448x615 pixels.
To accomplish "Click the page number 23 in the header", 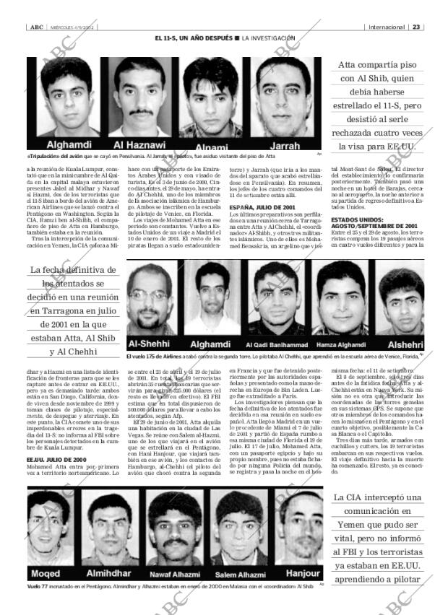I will point(416,27).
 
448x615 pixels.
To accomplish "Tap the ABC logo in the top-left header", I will point(35,27).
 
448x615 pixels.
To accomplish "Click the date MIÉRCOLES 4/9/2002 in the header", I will point(70,27).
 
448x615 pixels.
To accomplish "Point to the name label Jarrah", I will point(286,143).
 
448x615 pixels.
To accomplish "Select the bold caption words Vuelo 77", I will point(38,586).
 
